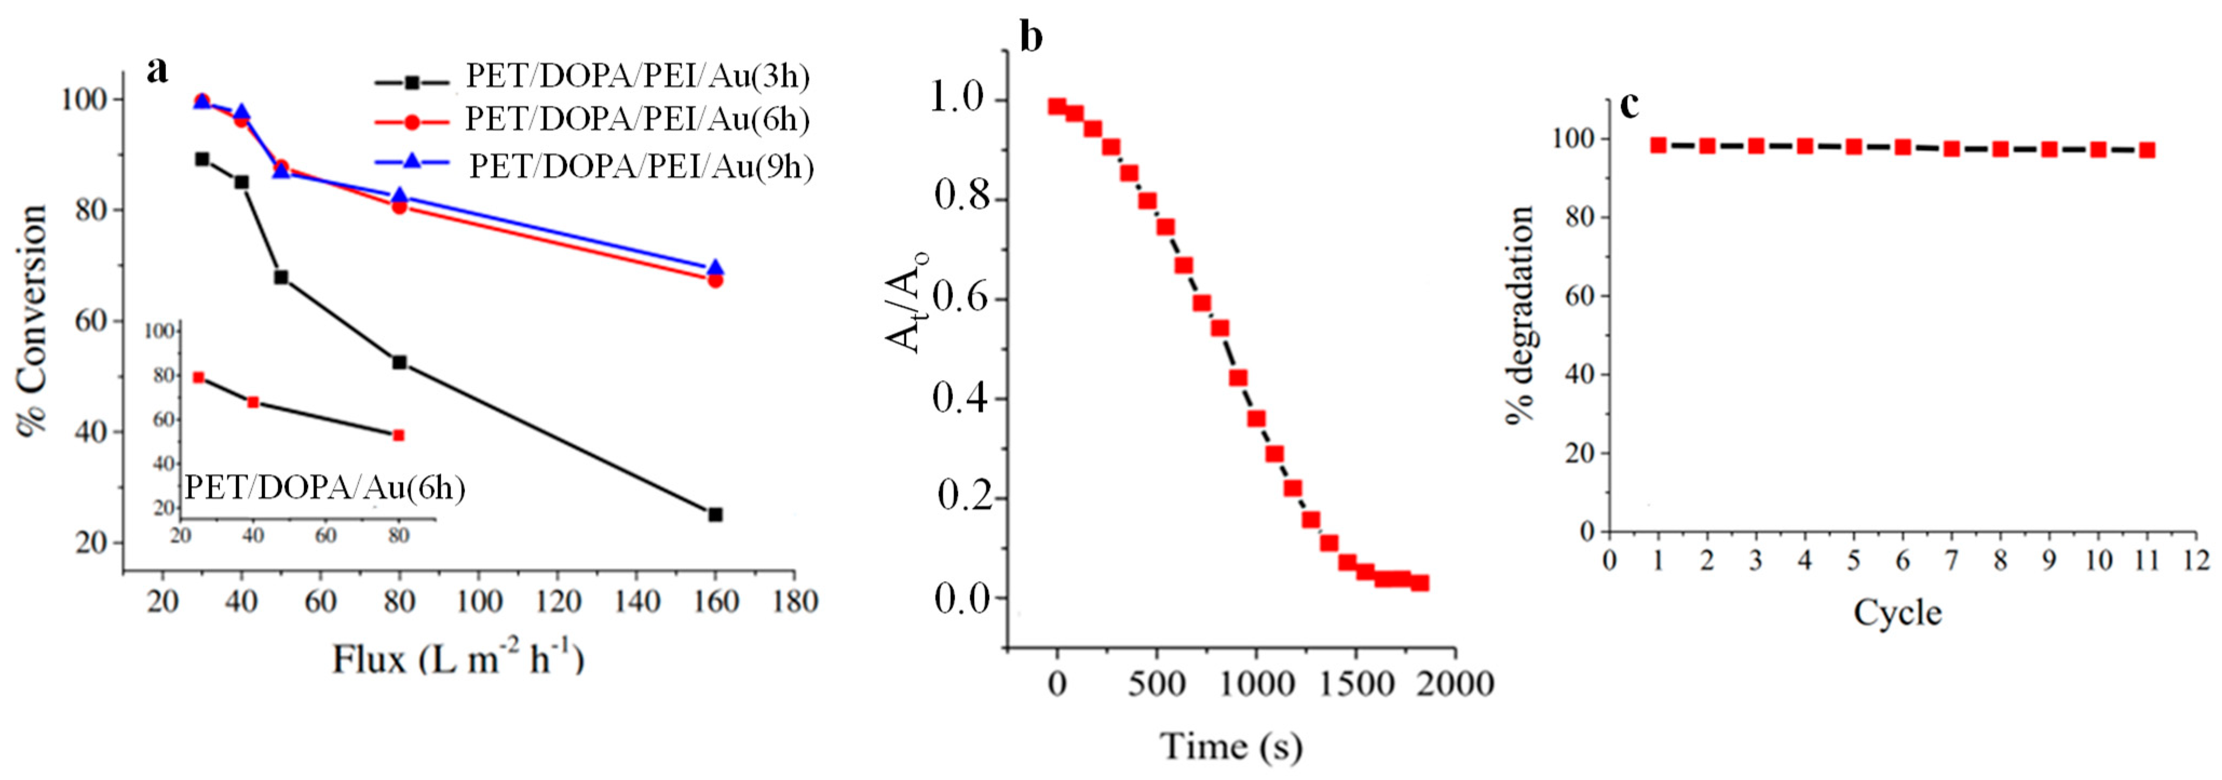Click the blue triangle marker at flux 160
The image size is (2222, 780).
(x=715, y=268)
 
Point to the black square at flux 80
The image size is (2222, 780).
(x=399, y=362)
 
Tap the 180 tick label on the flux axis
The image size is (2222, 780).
(x=794, y=601)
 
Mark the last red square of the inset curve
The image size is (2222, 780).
(x=398, y=435)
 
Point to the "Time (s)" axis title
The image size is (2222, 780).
(x=1231, y=745)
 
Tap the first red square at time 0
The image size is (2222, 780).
(x=1057, y=106)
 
